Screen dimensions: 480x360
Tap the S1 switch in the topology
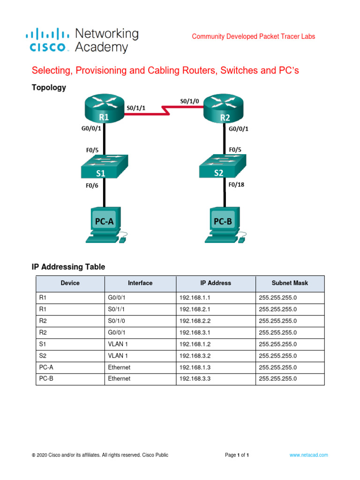[x=104, y=167]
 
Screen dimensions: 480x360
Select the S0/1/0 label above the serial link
[x=189, y=101]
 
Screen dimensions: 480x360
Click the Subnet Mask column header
[x=290, y=283]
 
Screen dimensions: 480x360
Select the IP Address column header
[x=216, y=283]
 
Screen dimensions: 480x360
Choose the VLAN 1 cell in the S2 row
[x=117, y=356]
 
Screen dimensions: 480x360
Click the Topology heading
[x=49, y=88]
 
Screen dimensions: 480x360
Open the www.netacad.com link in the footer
[x=308, y=455]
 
